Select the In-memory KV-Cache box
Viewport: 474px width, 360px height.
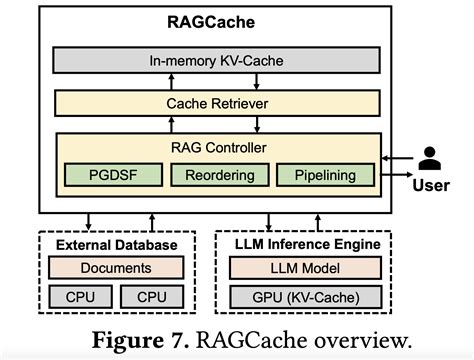(217, 60)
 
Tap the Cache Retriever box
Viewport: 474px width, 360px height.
(217, 102)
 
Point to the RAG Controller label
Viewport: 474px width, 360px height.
(217, 148)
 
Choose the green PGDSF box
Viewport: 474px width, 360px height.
(106, 176)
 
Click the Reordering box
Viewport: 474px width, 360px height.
(217, 176)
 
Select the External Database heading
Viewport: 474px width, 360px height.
(116, 245)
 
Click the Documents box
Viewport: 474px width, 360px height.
(116, 268)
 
